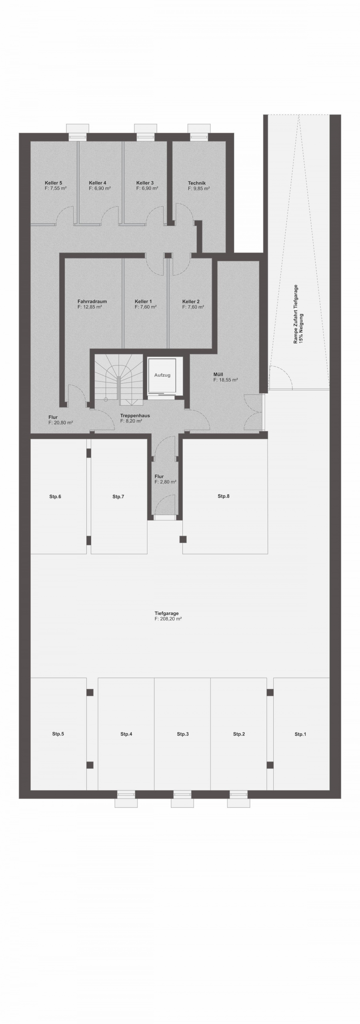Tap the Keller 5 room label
53,183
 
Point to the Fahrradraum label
92,302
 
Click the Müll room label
218,375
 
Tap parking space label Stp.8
224,496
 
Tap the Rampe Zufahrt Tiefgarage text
296,314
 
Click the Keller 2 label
191,302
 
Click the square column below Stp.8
183,539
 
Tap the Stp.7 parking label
118,496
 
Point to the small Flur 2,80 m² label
165,479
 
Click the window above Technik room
199,133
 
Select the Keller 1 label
143,302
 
